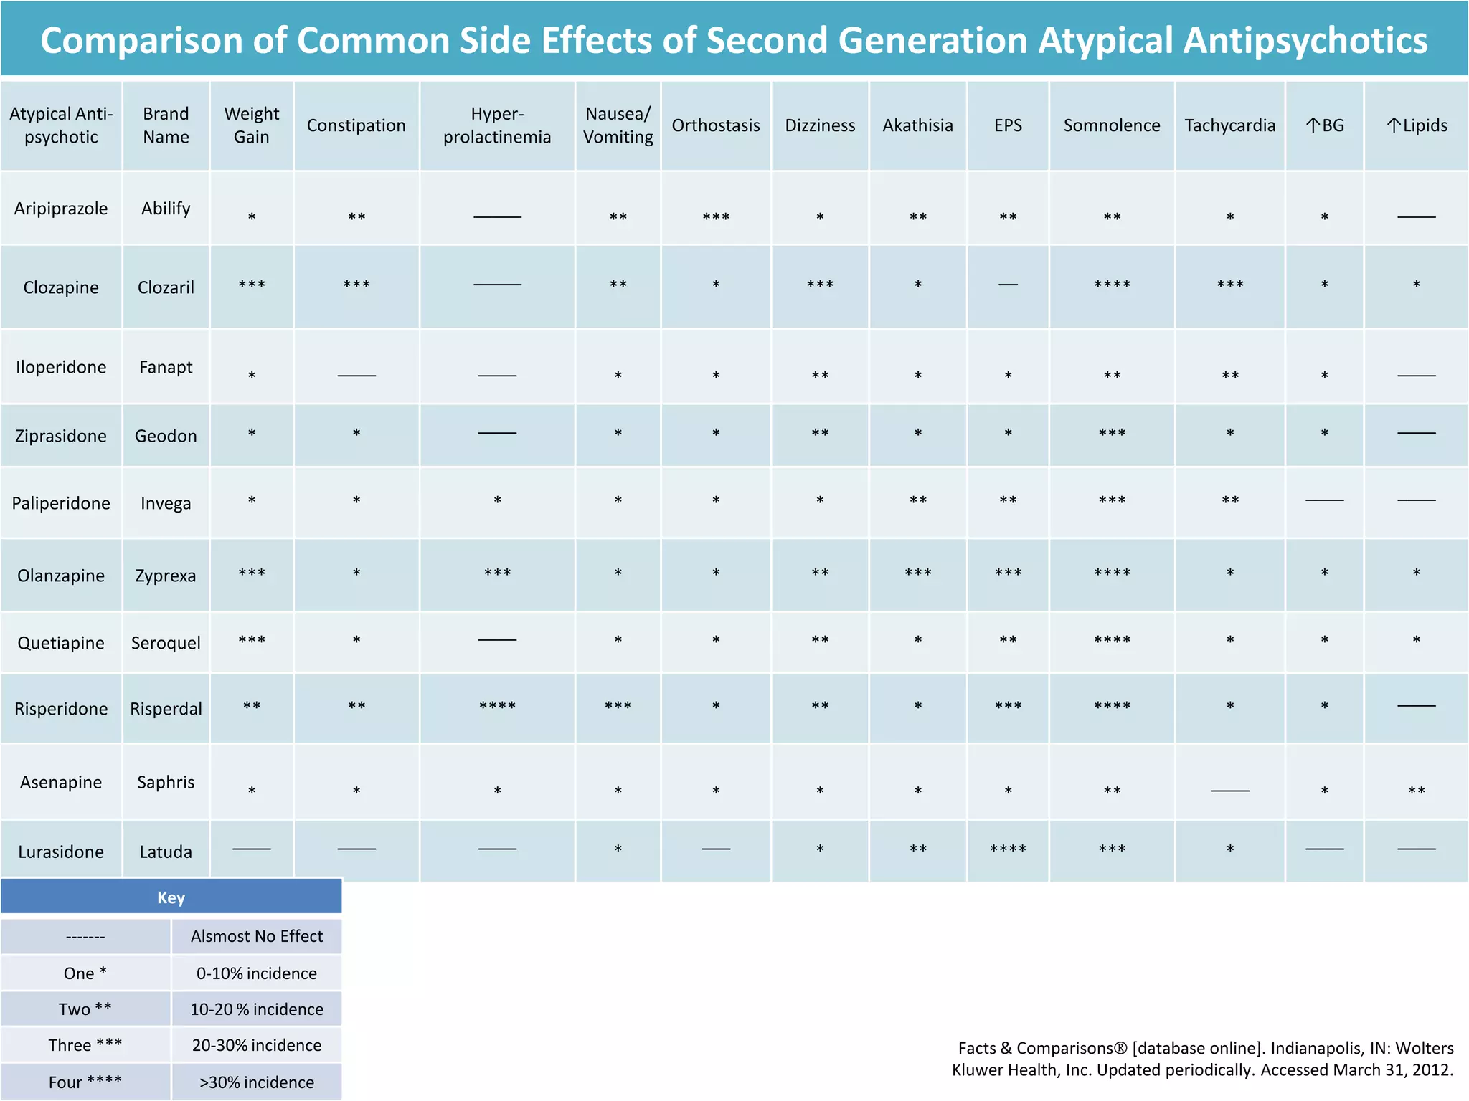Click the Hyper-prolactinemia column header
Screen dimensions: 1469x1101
[497, 125]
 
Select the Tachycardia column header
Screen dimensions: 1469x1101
[1229, 125]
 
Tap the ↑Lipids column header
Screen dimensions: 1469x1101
[1417, 125]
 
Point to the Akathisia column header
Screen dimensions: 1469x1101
[917, 125]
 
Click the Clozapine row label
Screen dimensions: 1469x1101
[61, 287]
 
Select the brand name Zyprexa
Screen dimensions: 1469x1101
[166, 576]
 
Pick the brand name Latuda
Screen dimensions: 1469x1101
[166, 852]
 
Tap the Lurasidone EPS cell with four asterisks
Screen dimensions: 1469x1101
[1008, 850]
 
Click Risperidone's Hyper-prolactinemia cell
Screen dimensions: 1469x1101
[497, 707]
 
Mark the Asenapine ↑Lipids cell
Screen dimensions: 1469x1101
[1417, 791]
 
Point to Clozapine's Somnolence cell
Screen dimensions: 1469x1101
[1112, 285]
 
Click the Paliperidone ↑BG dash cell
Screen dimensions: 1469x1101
[1324, 500]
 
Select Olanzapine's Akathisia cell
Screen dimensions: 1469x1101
[917, 573]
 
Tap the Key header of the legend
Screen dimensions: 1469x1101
[171, 897]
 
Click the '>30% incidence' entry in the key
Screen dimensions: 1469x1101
[257, 1082]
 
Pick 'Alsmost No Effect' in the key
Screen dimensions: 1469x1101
[257, 936]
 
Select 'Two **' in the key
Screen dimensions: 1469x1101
[85, 1009]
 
